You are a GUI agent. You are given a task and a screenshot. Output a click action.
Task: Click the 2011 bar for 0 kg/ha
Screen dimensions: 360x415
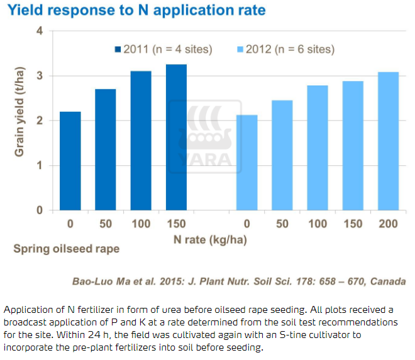point(70,161)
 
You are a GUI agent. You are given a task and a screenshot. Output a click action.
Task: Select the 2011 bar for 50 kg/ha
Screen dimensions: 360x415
point(106,150)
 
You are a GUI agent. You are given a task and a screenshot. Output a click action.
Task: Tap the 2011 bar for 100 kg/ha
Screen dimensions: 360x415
point(141,141)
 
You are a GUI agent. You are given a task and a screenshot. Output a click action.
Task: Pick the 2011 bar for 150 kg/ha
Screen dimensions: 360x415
point(177,138)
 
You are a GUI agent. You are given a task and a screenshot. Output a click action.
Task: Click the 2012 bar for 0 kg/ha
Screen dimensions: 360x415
point(247,163)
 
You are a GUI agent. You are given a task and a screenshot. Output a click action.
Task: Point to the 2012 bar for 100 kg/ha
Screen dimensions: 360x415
point(318,148)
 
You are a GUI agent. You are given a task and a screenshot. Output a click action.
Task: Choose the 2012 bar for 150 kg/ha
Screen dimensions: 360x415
point(353,146)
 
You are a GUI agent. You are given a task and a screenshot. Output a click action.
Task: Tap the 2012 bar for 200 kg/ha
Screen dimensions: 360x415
point(388,141)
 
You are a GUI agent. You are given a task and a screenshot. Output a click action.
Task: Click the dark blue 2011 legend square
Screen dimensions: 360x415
point(117,50)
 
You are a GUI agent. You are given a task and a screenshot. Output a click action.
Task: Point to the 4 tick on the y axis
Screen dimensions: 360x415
point(40,31)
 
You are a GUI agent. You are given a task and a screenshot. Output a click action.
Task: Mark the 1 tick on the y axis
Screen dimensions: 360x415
point(40,166)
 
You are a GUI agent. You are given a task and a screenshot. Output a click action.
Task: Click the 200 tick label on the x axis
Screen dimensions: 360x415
point(388,224)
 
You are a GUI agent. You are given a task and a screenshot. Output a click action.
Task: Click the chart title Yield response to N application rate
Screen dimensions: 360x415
point(136,10)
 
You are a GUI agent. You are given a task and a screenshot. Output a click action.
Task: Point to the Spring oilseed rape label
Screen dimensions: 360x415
point(67,249)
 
